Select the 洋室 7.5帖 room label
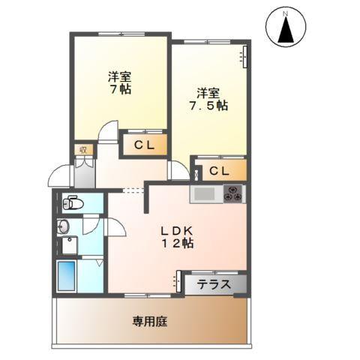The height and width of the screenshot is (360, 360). [208, 100]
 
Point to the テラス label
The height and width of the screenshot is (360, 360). [213, 283]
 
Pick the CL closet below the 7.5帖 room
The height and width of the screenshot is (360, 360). [219, 170]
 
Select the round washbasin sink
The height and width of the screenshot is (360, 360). [64, 226]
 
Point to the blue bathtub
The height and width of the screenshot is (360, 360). [68, 277]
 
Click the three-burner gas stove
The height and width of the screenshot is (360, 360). [233, 193]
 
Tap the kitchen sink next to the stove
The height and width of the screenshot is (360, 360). [205, 194]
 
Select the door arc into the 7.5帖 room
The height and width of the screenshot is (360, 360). [179, 171]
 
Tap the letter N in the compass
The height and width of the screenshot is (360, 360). [286, 13]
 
